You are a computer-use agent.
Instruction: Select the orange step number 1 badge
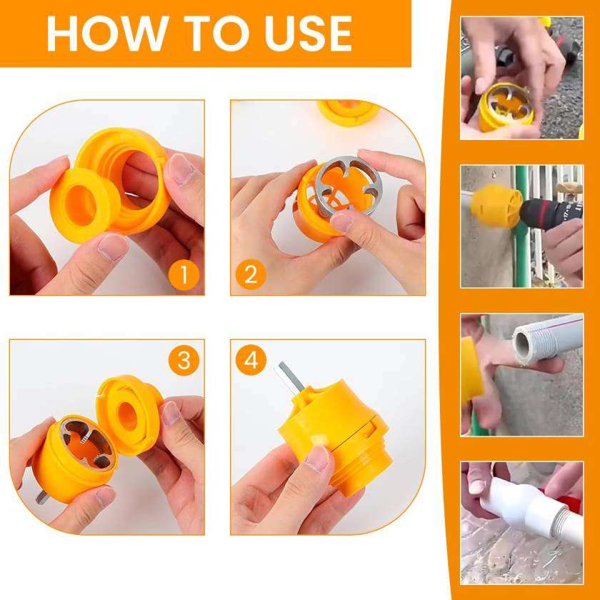point(184,275)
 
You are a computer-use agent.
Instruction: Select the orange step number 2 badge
point(251,275)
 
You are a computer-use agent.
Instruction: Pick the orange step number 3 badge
point(184,360)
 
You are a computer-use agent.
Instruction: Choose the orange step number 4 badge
point(251,360)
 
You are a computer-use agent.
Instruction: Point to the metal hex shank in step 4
point(289,377)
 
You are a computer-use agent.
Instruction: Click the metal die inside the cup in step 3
point(89,444)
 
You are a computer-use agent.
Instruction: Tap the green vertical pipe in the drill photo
point(522,226)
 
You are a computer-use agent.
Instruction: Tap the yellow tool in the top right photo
point(504,106)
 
